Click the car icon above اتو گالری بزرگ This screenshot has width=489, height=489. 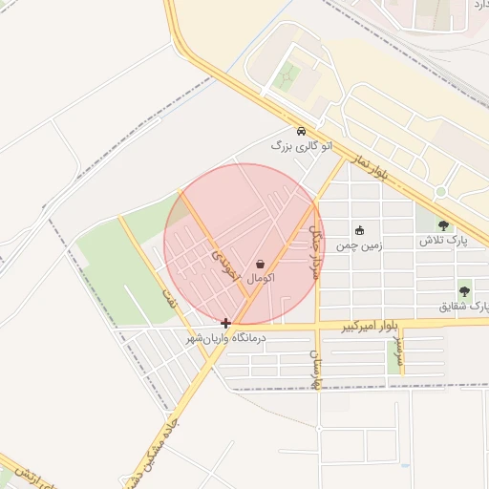301,131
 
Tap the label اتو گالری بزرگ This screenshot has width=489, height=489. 303,146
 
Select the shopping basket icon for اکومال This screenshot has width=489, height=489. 261,264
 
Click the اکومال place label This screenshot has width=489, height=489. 261,278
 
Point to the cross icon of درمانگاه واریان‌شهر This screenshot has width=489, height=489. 225,324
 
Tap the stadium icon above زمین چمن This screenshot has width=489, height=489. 359,230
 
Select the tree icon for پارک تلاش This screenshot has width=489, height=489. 442,225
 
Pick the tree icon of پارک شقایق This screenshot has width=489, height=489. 464,291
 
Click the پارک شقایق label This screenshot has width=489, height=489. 463,307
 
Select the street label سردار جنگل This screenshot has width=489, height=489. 315,251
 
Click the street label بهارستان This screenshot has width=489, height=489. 312,368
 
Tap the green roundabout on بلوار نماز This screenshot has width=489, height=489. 440,191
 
